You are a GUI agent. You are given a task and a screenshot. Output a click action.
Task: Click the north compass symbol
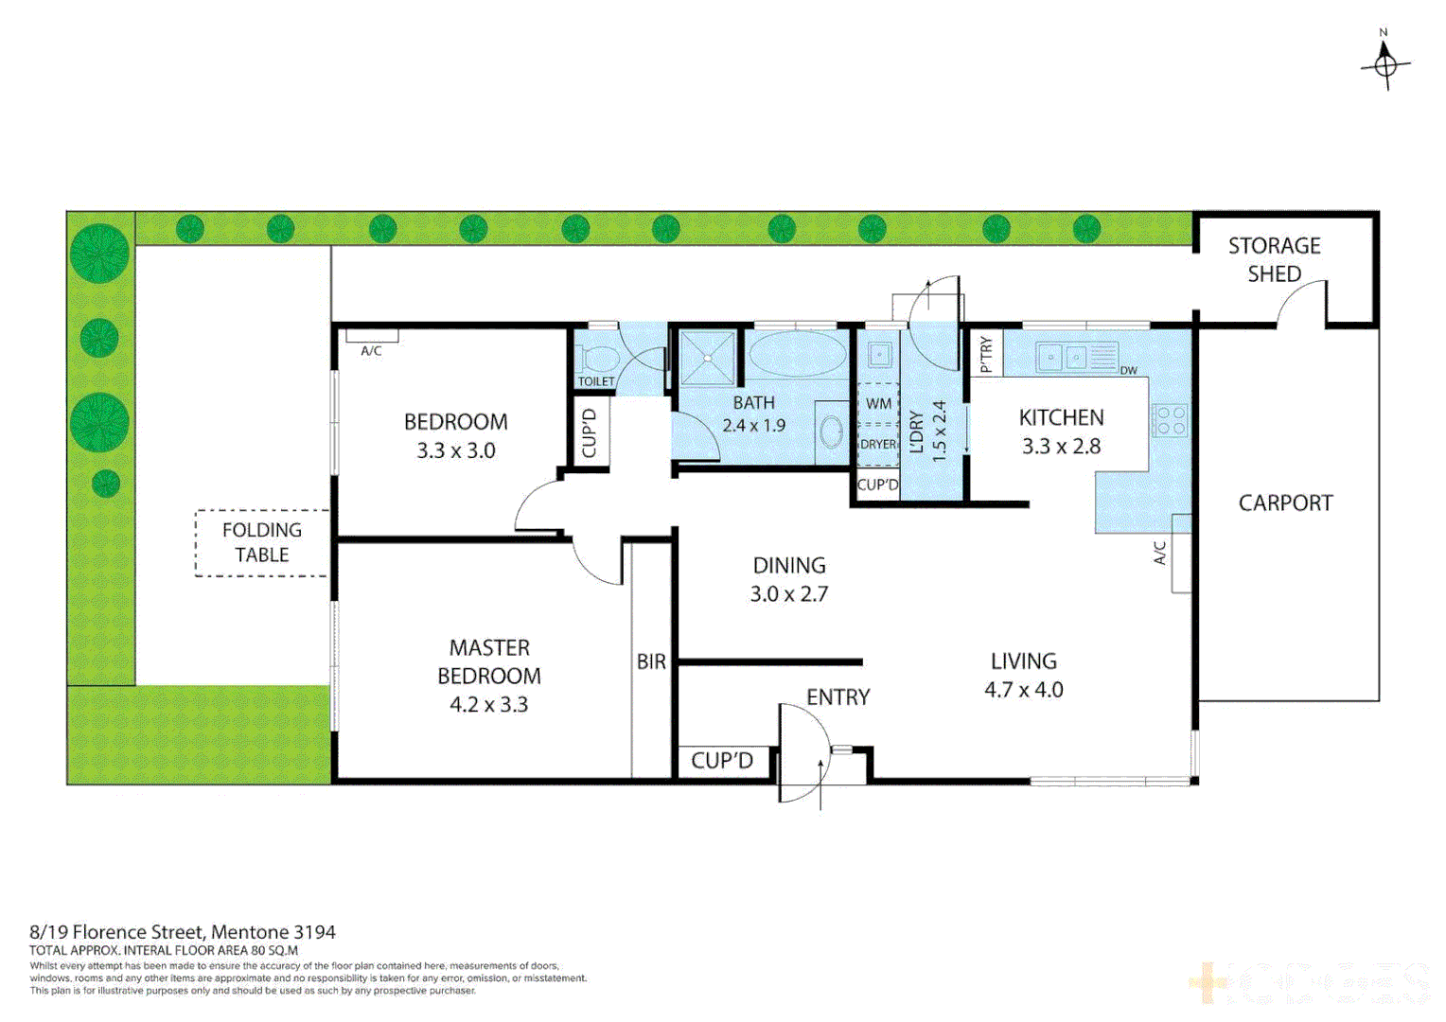1385,64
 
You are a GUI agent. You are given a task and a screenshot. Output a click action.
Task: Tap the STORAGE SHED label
1274,259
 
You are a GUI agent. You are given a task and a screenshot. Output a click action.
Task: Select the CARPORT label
1285,503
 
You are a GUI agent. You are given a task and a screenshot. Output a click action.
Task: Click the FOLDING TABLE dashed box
262,543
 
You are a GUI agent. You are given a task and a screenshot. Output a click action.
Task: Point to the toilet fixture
598,360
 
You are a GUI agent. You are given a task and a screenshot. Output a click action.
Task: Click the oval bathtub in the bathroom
798,355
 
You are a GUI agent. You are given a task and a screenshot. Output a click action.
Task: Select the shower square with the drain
707,357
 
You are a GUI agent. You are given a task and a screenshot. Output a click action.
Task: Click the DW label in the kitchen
1128,371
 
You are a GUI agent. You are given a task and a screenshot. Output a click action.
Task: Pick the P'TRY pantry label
986,353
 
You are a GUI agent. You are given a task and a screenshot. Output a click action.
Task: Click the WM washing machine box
878,404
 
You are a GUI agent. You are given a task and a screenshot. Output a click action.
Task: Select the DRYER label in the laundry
878,444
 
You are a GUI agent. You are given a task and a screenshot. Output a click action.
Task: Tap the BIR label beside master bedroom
651,662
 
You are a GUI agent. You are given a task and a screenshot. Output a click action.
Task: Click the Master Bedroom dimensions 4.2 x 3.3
488,705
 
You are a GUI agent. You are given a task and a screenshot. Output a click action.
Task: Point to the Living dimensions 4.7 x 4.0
1023,690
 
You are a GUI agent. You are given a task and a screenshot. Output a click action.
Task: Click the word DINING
789,566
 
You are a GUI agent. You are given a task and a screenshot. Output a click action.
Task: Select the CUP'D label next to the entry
722,761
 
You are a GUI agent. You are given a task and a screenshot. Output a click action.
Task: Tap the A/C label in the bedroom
371,351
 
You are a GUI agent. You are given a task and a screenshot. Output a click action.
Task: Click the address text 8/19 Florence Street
182,932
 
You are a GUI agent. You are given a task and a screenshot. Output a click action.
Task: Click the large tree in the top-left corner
99,254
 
